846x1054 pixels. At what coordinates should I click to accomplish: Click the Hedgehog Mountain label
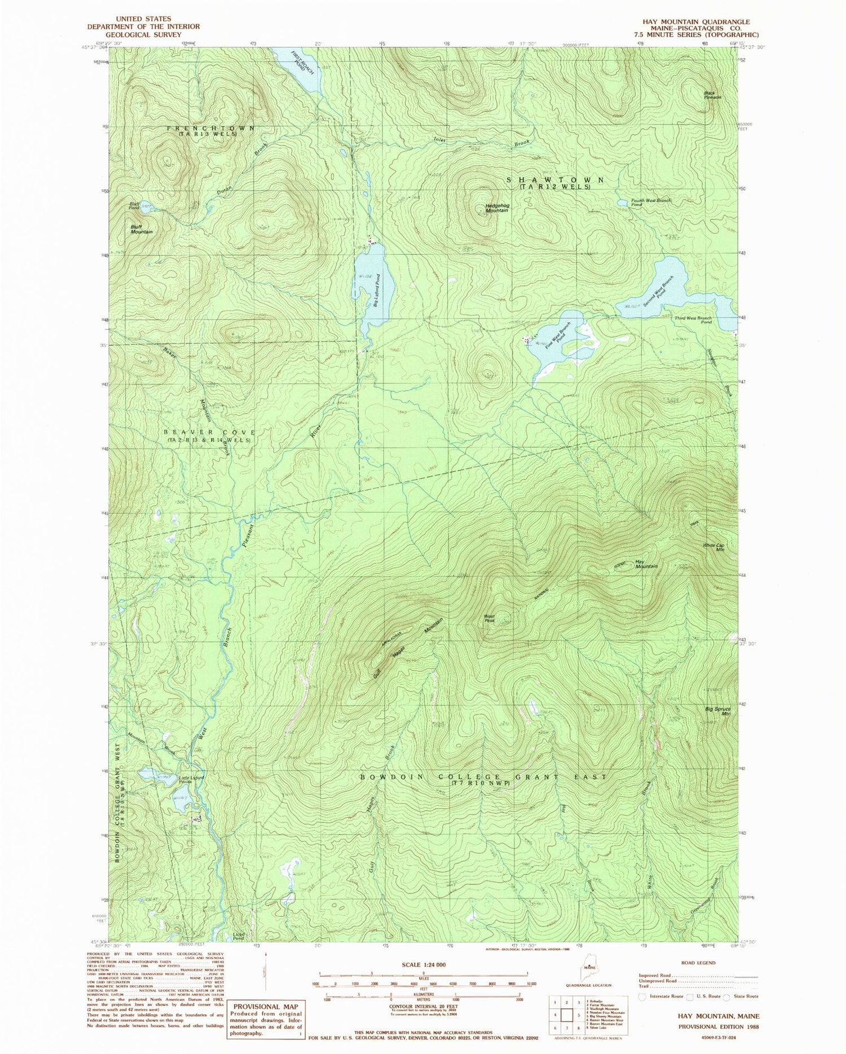pos(496,207)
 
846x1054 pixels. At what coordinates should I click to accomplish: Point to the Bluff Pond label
pos(134,206)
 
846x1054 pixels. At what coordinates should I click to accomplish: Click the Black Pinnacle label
pos(712,95)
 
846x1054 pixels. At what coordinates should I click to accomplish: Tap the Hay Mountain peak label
pos(646,564)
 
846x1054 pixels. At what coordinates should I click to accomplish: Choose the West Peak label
pos(489,618)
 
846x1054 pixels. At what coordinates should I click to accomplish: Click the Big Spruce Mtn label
pos(718,711)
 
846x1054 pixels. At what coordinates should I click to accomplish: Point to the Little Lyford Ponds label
pos(191,781)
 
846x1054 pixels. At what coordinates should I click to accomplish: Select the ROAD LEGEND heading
pos(698,963)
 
